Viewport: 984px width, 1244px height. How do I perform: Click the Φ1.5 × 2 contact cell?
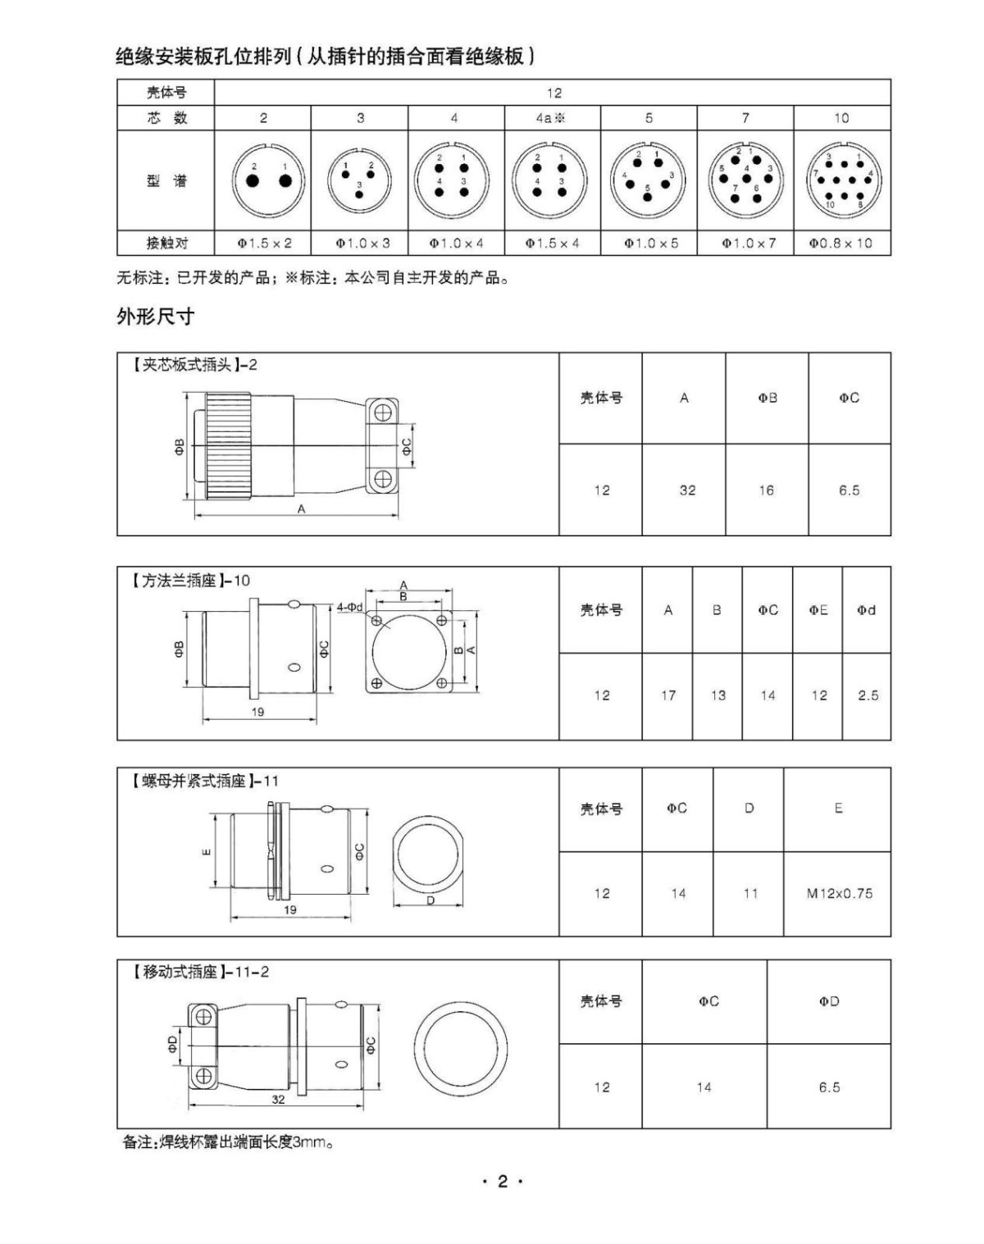coord(264,244)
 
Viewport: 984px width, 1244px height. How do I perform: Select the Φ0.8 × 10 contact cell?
coord(841,244)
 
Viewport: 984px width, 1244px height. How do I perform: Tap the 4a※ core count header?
coord(551,118)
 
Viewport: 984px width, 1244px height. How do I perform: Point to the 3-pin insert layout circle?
coord(359,178)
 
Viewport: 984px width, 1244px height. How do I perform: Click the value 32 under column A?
coord(687,490)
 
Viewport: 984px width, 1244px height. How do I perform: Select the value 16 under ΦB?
coord(766,490)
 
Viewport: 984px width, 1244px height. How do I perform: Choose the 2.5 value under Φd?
coord(868,695)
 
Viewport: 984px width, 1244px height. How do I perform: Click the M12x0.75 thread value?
coord(839,894)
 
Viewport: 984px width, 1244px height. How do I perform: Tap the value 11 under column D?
coord(750,894)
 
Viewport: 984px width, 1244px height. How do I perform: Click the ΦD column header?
coord(829,1001)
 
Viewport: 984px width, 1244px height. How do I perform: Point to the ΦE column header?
coord(818,610)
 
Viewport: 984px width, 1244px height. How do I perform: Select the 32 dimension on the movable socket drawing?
coord(278,1100)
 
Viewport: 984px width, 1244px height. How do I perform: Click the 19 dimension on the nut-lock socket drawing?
coord(290,909)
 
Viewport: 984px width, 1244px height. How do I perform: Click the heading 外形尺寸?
coord(156,317)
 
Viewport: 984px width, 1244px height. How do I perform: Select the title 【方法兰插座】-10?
coord(189,581)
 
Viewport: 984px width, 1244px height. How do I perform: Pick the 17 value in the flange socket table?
coord(668,695)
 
